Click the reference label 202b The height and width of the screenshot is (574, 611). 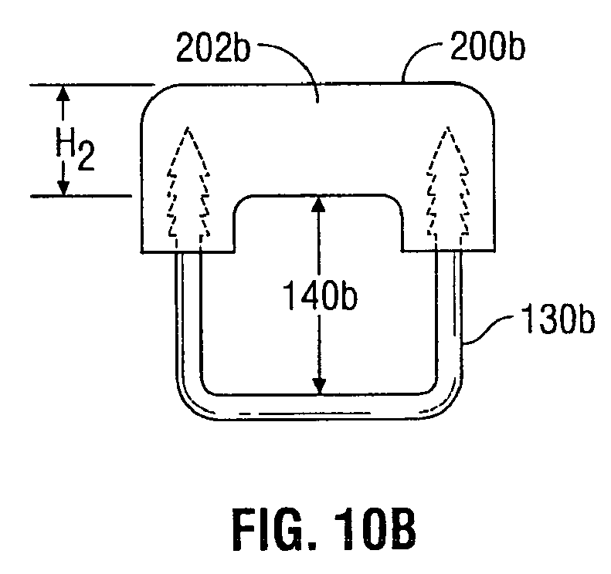[212, 48]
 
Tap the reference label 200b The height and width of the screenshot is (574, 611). [487, 46]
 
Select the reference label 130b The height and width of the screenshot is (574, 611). [558, 319]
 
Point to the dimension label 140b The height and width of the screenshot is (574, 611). [319, 295]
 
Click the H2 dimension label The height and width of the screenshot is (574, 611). [75, 148]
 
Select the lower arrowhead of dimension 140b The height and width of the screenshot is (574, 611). [319, 386]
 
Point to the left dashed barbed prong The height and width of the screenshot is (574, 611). [188, 188]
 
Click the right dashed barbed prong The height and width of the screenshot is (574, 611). [448, 188]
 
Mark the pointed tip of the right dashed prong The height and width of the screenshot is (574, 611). [448, 127]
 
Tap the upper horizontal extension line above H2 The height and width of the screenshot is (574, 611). [93, 84]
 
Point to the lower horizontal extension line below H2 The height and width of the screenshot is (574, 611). [81, 196]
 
